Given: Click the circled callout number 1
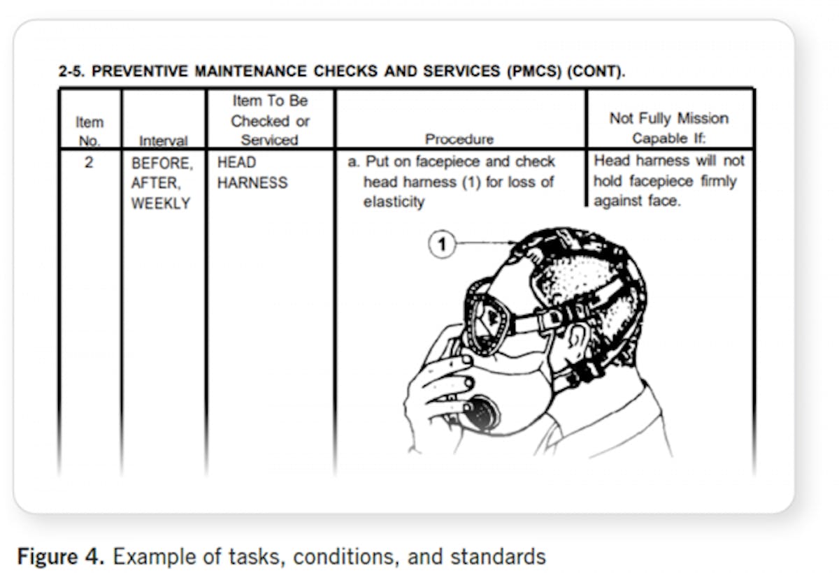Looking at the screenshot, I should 442,245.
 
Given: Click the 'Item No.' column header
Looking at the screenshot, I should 89,131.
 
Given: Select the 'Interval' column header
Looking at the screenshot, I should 164,140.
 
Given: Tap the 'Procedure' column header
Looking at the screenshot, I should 459,139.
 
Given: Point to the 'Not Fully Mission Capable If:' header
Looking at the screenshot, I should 669,128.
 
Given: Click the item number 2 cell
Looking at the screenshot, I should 89,163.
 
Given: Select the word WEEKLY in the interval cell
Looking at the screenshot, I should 160,203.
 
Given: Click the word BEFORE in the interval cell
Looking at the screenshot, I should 161,164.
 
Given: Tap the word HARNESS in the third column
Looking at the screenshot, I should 252,183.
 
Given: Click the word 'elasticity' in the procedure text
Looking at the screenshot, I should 394,203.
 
